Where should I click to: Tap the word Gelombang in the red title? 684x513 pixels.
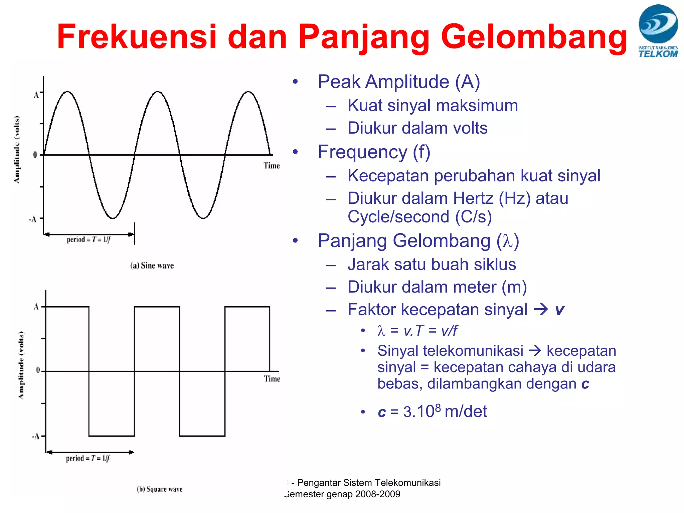(534, 37)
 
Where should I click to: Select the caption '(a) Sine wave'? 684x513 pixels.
(152, 266)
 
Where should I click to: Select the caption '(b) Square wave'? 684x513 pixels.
(160, 489)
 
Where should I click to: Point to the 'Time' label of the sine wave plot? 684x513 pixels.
(271, 166)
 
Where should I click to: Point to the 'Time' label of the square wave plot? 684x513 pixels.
(272, 379)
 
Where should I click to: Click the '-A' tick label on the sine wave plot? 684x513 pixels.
(33, 219)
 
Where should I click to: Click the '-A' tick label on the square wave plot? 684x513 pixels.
(35, 436)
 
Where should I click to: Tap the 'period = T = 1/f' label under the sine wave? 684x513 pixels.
(89, 239)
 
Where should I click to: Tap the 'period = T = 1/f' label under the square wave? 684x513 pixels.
(88, 458)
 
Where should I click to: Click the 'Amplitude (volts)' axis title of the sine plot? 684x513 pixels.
(17, 149)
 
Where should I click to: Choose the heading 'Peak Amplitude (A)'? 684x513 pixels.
(399, 82)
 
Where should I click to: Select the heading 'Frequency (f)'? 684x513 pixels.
(374, 152)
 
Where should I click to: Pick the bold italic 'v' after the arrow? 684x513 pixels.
(559, 310)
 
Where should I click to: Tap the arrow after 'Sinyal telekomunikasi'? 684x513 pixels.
(535, 350)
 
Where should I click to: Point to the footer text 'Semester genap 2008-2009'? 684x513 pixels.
(342, 494)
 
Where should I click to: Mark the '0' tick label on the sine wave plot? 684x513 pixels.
(35, 155)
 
